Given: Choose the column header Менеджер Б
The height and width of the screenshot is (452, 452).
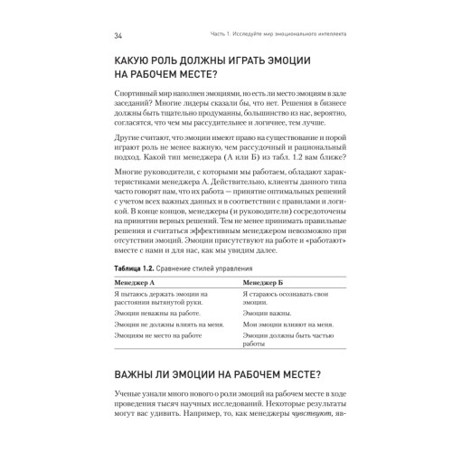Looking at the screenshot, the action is coord(266,283).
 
